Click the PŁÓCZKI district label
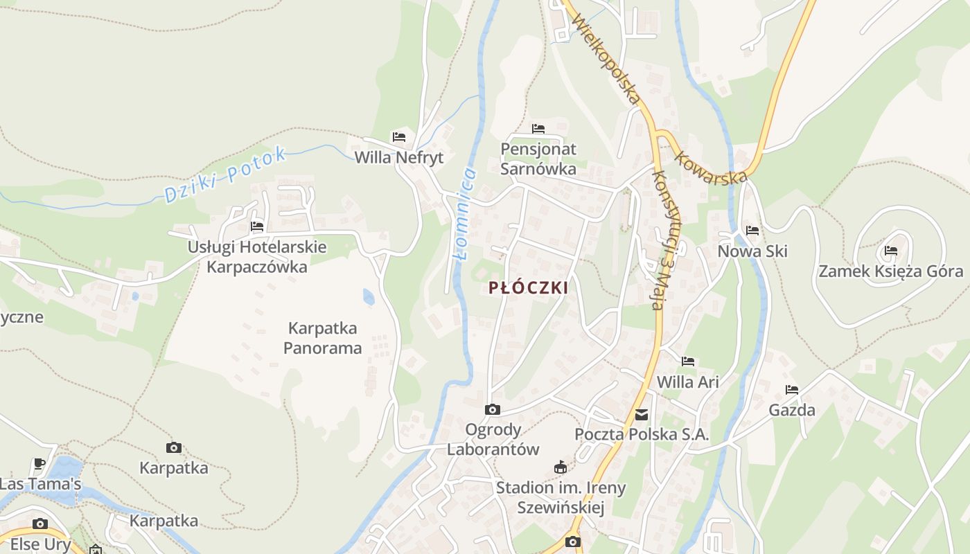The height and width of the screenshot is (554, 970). [528, 287]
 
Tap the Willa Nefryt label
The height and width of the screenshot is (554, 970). [398, 158]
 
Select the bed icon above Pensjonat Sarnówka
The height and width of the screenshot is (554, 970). [538, 129]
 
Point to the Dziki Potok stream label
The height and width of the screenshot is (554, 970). [225, 175]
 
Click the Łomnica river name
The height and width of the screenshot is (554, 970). [464, 213]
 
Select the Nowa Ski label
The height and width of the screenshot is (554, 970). [752, 251]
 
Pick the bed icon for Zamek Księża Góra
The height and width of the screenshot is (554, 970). [891, 251]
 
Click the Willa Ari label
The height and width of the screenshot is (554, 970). [687, 382]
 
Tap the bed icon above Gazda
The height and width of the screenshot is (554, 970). [792, 390]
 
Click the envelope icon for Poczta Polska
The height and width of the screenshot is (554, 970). [642, 415]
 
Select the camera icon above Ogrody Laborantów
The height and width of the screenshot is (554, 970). [493, 410]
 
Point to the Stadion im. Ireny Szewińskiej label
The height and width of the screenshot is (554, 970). [561, 497]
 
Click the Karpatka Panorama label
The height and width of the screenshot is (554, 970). [323, 337]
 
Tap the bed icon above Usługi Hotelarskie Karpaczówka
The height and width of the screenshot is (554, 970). [257, 226]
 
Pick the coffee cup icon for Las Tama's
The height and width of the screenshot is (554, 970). [39, 464]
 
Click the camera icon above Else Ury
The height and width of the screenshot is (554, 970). [40, 524]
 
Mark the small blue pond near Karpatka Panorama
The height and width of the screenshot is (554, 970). [368, 297]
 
